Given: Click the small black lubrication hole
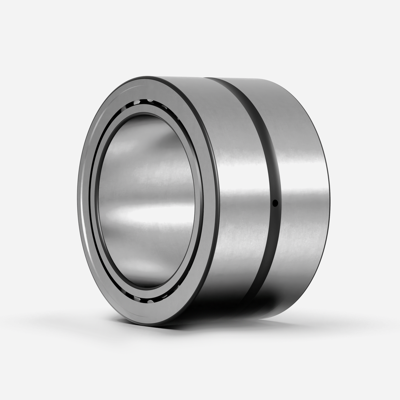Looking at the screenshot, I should click(275, 202).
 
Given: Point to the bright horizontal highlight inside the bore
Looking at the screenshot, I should click(150, 213).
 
